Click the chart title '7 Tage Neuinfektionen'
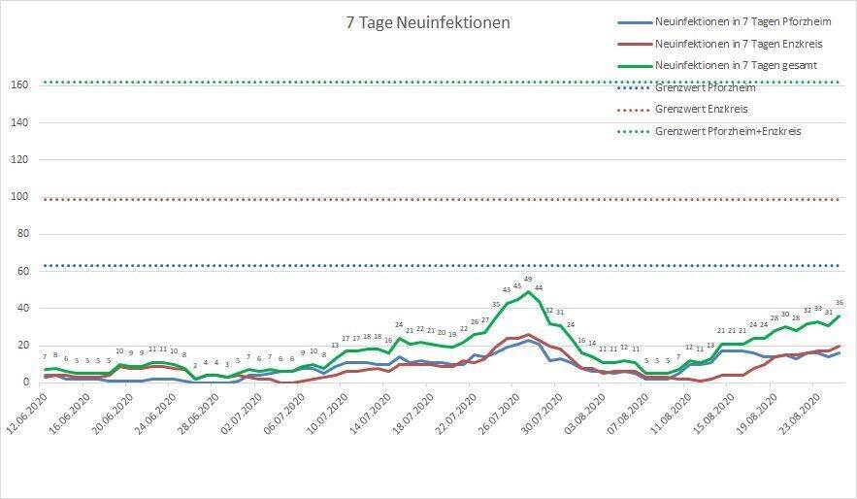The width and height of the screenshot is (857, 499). pyautogui.click(x=428, y=22)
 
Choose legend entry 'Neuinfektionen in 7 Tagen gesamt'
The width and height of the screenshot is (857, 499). pyautogui.click(x=736, y=65)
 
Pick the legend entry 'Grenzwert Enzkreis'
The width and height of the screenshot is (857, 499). pyautogui.click(x=702, y=109)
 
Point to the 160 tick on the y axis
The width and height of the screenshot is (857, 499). pyautogui.click(x=17, y=84)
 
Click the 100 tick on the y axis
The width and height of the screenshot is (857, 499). pyautogui.click(x=17, y=197)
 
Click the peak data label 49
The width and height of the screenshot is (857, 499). pyautogui.click(x=528, y=280)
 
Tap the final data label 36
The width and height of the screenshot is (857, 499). pyautogui.click(x=840, y=303)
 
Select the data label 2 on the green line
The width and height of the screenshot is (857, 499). pyautogui.click(x=195, y=365)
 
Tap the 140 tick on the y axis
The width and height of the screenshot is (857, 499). pyautogui.click(x=17, y=122)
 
